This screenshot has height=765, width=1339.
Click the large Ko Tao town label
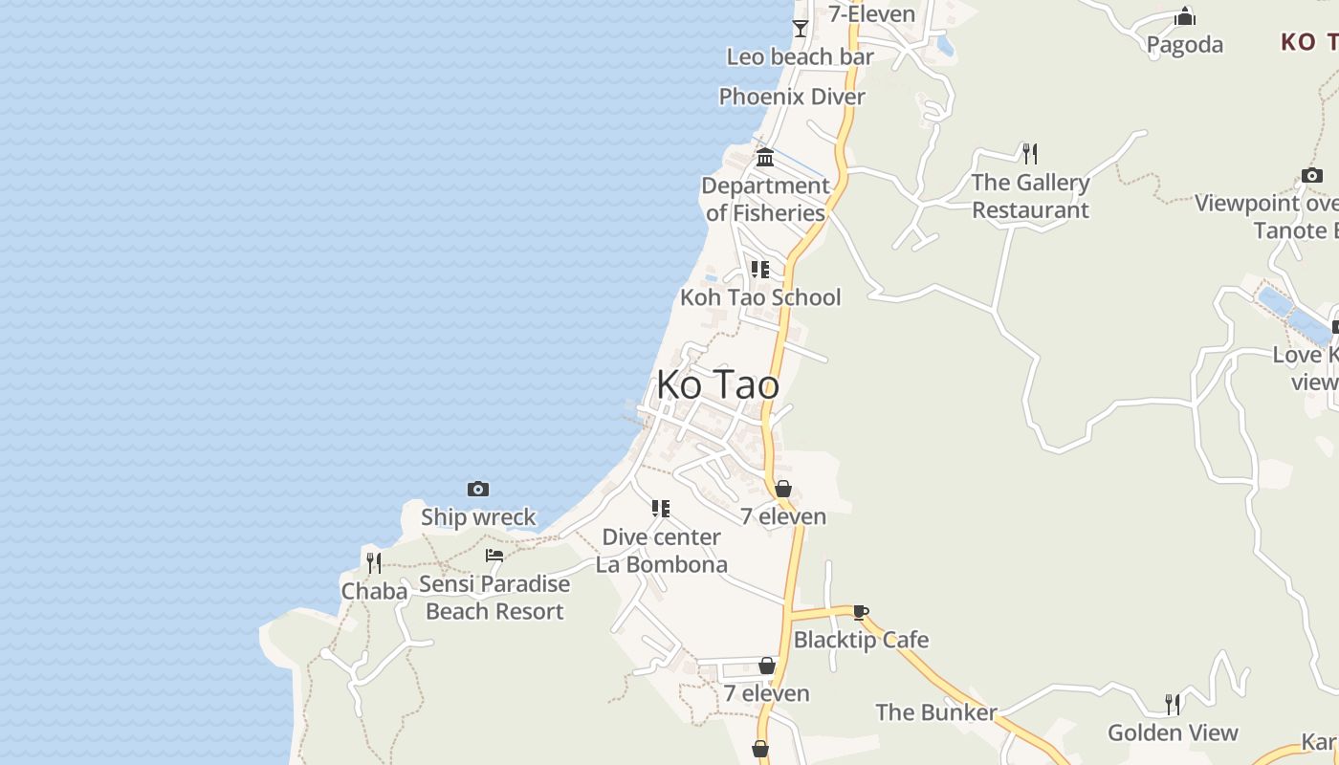point(717,385)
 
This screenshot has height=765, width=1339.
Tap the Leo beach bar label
point(800,57)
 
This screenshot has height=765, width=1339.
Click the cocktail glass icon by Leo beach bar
point(801,29)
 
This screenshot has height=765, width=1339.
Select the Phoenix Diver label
point(792,97)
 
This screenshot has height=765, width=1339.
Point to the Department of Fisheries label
point(765,199)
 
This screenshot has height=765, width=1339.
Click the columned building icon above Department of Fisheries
point(765,158)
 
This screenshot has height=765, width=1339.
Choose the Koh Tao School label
point(760,297)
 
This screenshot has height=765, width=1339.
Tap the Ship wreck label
point(478,517)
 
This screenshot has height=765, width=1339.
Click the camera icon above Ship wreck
point(478,490)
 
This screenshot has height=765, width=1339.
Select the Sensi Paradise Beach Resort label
point(494,598)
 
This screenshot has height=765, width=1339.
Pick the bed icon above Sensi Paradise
point(494,556)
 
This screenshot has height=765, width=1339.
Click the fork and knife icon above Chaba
point(374,562)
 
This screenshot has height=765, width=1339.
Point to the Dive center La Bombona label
point(661,551)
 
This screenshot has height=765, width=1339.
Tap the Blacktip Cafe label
point(861,640)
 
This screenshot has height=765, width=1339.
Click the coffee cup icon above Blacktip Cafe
point(860,612)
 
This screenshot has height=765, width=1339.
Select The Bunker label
point(935,712)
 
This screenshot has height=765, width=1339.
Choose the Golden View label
point(1173,733)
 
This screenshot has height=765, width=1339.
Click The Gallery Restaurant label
point(1030,196)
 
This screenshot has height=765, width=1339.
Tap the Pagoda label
point(1184,45)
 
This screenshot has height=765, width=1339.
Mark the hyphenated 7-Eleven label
point(871,14)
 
